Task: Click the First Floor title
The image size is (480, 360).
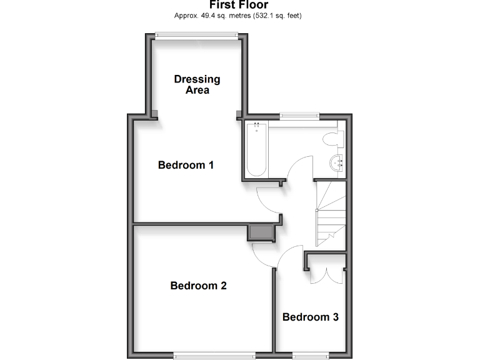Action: (x=239, y=5)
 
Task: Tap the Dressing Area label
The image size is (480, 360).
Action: (x=197, y=84)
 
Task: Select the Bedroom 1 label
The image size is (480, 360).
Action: (x=186, y=165)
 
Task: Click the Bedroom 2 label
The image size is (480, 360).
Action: (x=198, y=286)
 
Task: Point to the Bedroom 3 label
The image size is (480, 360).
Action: (x=310, y=317)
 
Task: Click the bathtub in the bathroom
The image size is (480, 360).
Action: (x=256, y=150)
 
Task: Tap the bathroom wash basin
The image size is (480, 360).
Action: (x=338, y=164)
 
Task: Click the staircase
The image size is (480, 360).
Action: (x=329, y=212)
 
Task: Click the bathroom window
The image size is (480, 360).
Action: (x=299, y=114)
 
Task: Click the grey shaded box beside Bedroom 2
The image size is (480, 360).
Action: (x=261, y=232)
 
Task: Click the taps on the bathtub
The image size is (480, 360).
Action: (x=256, y=128)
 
